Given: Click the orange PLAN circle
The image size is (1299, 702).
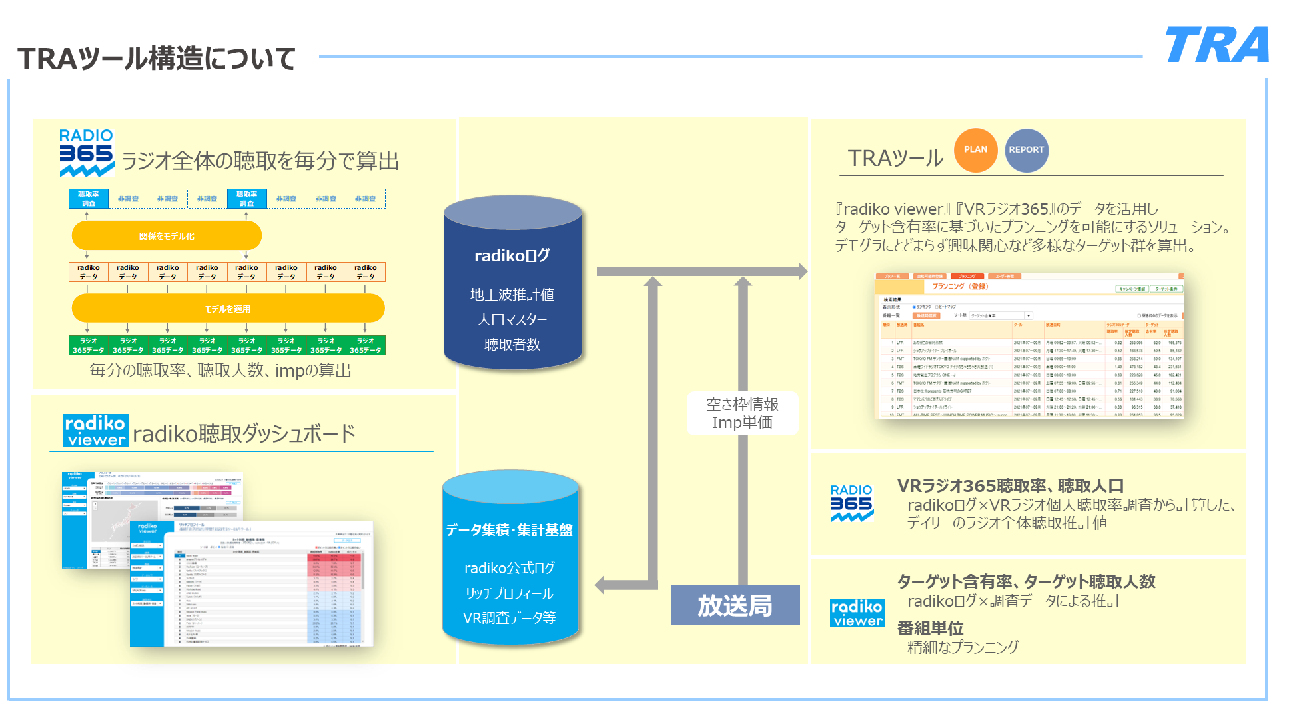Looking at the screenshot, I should [975, 150].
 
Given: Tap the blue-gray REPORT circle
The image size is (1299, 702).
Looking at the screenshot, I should [1026, 150].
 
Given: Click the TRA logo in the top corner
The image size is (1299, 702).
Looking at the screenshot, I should [1216, 45].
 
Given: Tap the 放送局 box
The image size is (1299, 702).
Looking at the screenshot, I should [735, 605].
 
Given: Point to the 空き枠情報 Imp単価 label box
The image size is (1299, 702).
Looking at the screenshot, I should [742, 413].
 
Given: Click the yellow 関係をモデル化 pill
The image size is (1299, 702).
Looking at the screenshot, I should [167, 236].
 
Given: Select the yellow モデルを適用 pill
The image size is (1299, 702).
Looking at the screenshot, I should [228, 309].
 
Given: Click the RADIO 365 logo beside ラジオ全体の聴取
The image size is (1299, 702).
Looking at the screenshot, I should [87, 153].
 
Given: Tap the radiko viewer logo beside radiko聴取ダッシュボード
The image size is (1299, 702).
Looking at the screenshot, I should [95, 431].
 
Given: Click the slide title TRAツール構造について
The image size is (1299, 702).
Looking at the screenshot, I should [157, 59].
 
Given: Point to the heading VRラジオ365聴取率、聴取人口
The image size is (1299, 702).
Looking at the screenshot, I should [1010, 486].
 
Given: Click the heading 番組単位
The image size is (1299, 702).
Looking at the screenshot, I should [930, 628].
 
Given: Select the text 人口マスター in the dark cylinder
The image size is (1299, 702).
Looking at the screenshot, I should [512, 319].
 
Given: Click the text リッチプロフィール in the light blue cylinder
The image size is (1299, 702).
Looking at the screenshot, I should [509, 593].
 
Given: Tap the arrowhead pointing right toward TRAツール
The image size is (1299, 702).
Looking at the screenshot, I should [802, 271].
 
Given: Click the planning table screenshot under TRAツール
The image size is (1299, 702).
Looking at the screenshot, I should [1029, 345].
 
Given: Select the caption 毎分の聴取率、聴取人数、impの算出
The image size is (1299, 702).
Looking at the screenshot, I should [220, 371].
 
